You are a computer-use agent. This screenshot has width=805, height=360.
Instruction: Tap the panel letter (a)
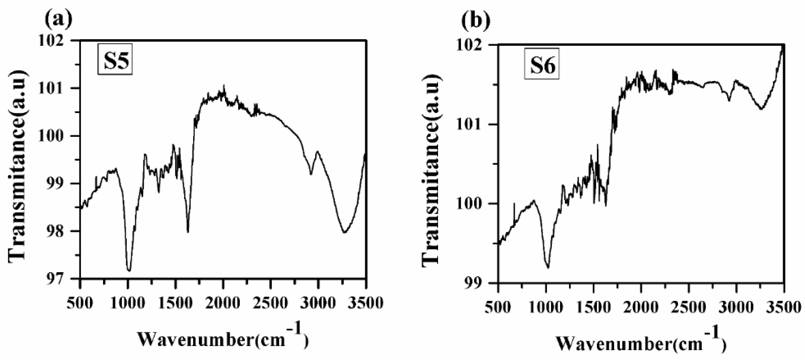pyautogui.click(x=58, y=19)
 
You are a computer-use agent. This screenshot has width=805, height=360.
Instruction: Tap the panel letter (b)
pyautogui.click(x=476, y=20)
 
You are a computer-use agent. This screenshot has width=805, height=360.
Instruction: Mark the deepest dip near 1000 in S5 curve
pyautogui.click(x=129, y=270)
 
